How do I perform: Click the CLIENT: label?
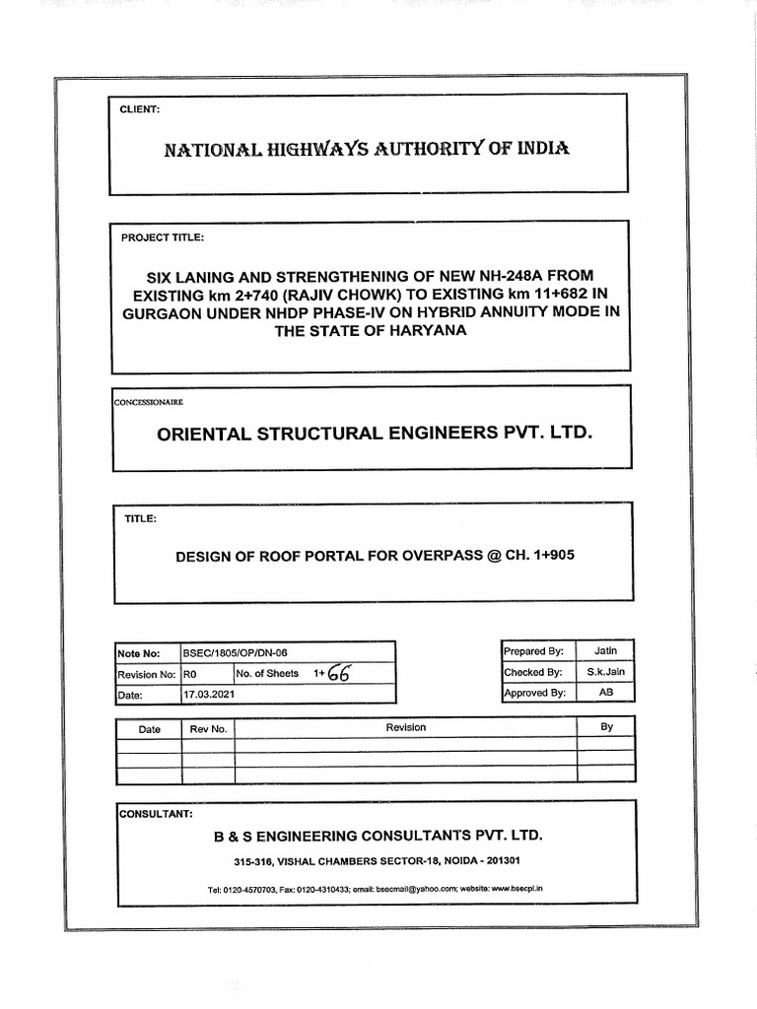click(x=139, y=109)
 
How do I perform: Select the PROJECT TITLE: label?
click(x=163, y=237)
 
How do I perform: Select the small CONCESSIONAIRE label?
click(x=148, y=402)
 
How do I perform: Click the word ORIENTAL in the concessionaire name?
click(x=213, y=433)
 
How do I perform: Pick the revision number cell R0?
click(x=191, y=674)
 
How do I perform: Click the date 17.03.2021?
click(x=209, y=695)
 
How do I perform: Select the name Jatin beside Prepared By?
click(x=606, y=651)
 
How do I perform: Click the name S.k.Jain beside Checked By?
click(x=606, y=672)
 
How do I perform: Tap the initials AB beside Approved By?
click(x=606, y=693)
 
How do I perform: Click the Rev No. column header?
click(x=208, y=729)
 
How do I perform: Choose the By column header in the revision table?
click(x=606, y=727)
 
